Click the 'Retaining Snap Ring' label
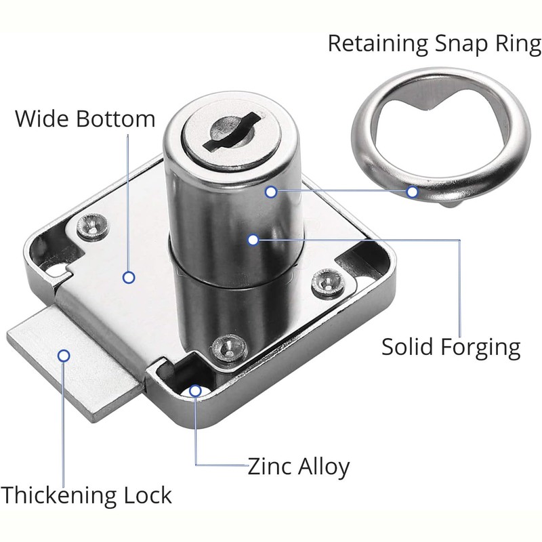click(x=434, y=45)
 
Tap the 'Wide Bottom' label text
click(x=85, y=119)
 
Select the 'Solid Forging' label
click(x=451, y=348)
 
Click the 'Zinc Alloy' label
click(x=299, y=467)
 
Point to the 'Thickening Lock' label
click(x=86, y=496)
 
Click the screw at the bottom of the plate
click(x=229, y=348)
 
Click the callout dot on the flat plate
click(x=129, y=278)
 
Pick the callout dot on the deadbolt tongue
click(x=64, y=356)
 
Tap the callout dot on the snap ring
click(x=412, y=192)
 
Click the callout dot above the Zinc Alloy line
click(x=195, y=391)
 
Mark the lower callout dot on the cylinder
click(x=253, y=240)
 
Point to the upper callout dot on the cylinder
click(x=271, y=192)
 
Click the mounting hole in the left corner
click(x=55, y=270)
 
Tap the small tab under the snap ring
click(x=450, y=205)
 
